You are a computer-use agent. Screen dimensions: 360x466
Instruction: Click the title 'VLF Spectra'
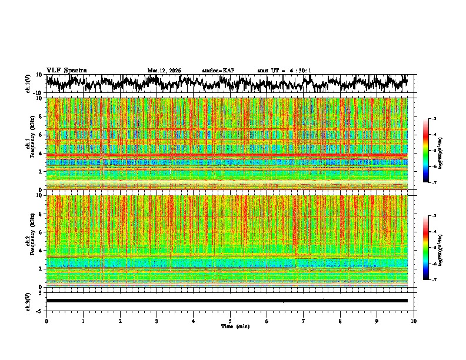tap(66, 70)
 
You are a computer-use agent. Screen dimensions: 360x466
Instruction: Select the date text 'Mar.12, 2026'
tap(164, 71)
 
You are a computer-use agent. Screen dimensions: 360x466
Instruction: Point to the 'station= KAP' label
tap(218, 71)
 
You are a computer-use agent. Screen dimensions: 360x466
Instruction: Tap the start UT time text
tap(284, 71)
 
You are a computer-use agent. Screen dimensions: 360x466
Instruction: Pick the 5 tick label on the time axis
tap(230, 321)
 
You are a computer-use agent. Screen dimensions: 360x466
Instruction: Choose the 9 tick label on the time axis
tap(377, 321)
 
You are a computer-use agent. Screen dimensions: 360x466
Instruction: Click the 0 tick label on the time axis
tap(46, 321)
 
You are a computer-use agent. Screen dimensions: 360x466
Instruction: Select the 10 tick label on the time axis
tap(414, 321)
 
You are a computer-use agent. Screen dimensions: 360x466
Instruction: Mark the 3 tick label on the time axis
tap(157, 321)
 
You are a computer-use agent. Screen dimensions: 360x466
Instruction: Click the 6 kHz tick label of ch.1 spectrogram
tap(41, 135)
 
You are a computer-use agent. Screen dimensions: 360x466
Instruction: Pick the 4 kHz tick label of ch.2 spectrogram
tap(41, 250)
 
